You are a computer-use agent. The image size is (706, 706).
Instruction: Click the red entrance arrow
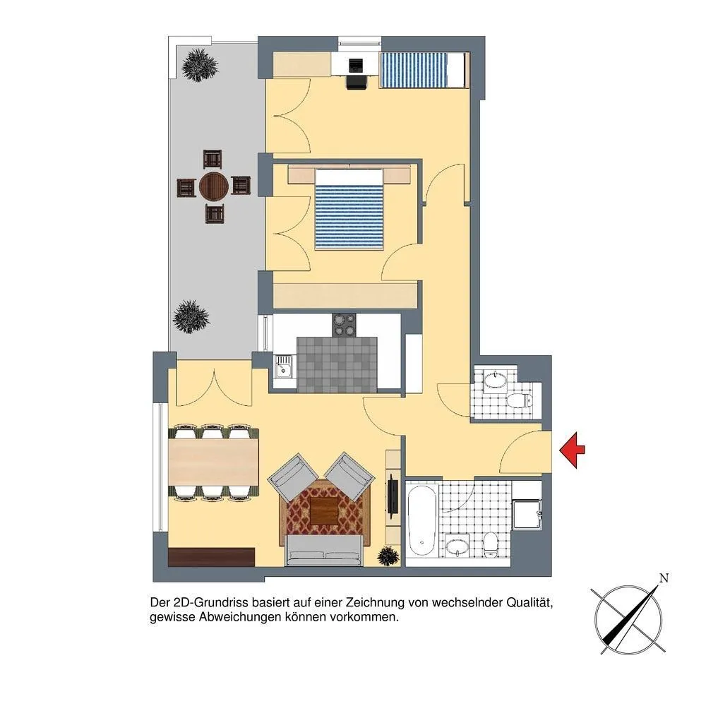pyautogui.click(x=572, y=450)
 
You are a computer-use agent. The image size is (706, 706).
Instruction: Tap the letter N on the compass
pyautogui.click(x=663, y=578)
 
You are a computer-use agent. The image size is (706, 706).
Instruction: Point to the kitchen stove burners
pyautogui.click(x=344, y=325)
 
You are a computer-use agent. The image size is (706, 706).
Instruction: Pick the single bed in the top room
pyautogui.click(x=424, y=70)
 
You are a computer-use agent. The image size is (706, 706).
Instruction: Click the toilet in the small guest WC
pyautogui.click(x=519, y=400)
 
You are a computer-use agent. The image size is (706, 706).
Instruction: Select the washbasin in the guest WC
pyautogui.click(x=496, y=380)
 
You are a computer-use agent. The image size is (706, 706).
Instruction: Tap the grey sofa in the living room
pyautogui.click(x=324, y=551)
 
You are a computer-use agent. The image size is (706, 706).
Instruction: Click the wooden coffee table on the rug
pyautogui.click(x=324, y=510)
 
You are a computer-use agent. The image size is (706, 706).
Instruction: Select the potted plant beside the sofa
pyautogui.click(x=388, y=556)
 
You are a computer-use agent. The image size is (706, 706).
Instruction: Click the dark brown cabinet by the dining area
pyautogui.click(x=212, y=557)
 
